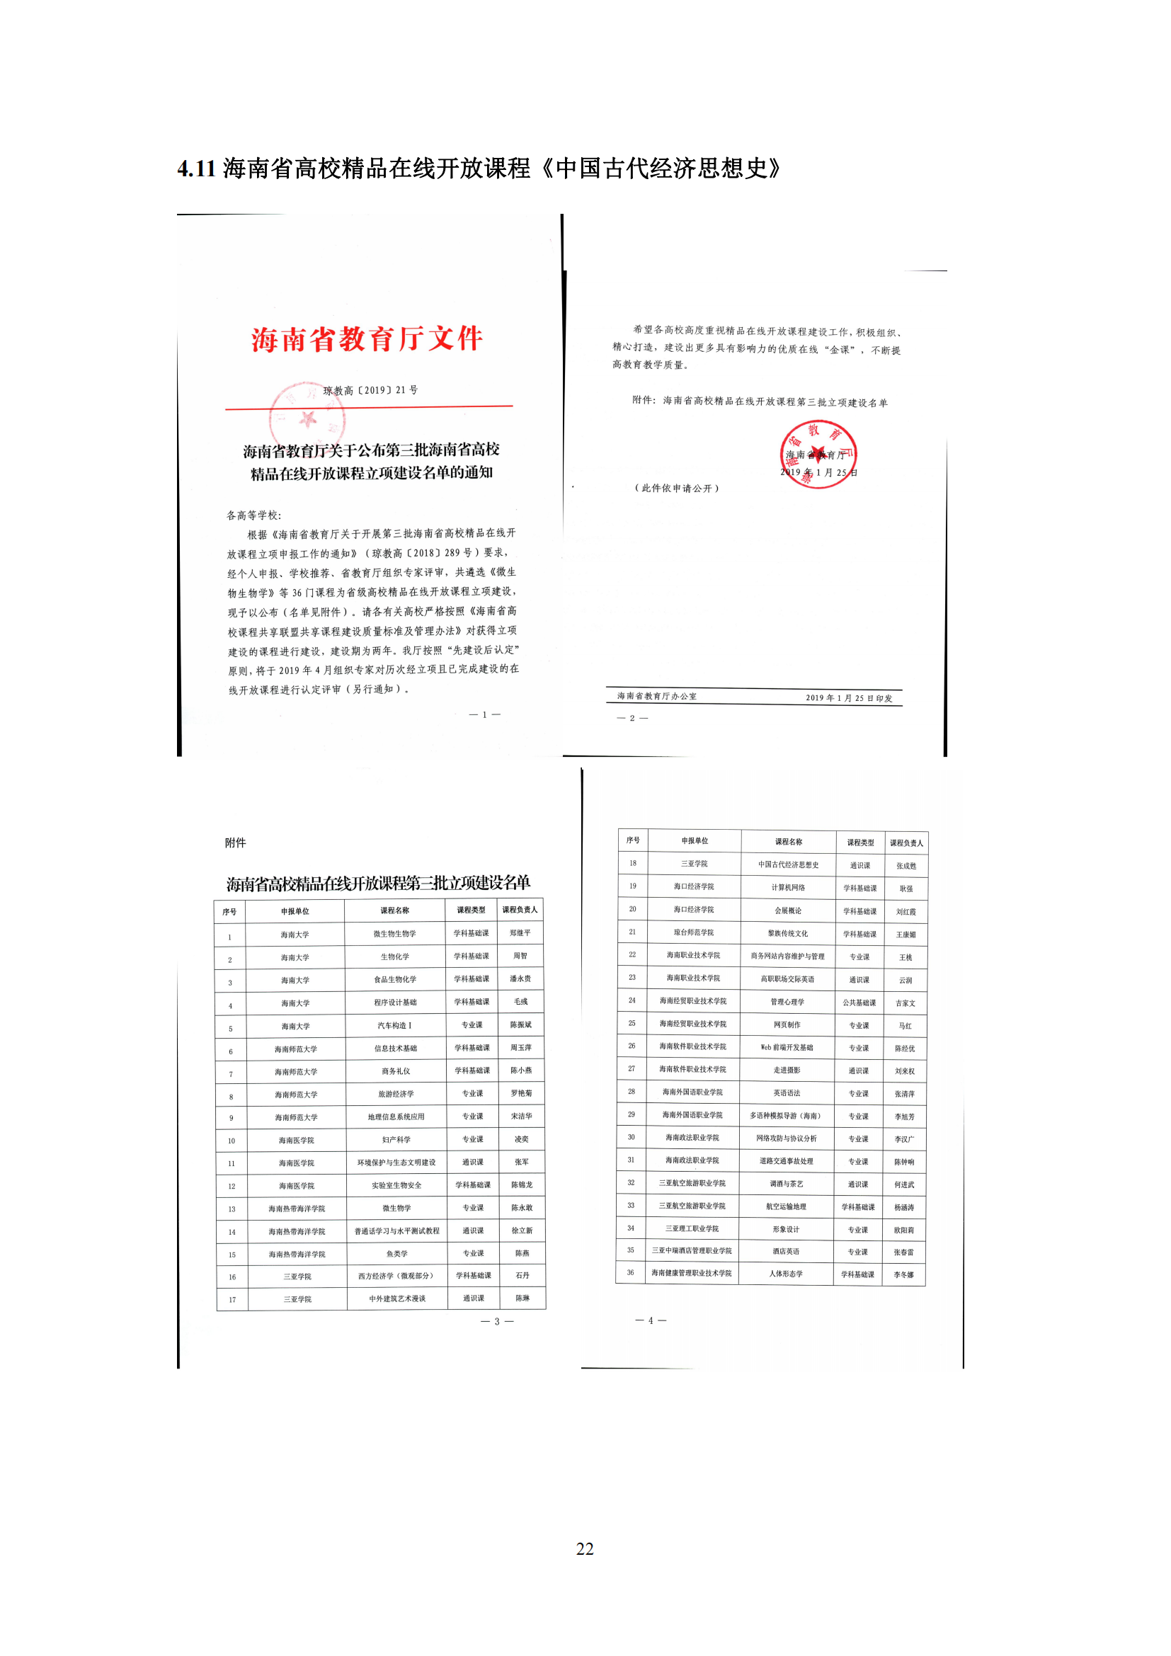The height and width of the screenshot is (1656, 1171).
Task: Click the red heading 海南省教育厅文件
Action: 367,338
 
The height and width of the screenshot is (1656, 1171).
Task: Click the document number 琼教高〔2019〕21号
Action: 370,390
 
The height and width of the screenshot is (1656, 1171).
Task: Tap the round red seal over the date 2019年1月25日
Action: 818,455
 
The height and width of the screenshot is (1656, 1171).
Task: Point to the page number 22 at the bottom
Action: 585,1548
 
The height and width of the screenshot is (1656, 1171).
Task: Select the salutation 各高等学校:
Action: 254,515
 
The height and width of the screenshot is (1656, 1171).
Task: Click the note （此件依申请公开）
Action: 676,489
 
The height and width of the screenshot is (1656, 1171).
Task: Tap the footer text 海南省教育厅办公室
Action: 657,696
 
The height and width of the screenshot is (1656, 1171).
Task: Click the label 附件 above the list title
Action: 235,843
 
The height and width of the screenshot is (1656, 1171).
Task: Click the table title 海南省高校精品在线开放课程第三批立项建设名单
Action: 378,883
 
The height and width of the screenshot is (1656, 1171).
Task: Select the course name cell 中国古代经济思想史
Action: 788,864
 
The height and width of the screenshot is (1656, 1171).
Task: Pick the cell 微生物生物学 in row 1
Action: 394,933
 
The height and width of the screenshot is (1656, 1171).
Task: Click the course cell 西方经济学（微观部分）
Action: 396,1276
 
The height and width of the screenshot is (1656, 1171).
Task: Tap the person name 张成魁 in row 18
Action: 906,865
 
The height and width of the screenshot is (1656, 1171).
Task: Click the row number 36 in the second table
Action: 630,1272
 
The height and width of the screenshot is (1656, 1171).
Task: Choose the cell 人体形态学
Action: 786,1274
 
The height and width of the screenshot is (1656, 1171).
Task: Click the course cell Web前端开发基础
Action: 787,1047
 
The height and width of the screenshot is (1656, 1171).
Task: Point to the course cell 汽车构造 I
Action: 394,1025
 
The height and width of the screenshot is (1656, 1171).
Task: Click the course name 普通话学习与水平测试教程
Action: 396,1230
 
